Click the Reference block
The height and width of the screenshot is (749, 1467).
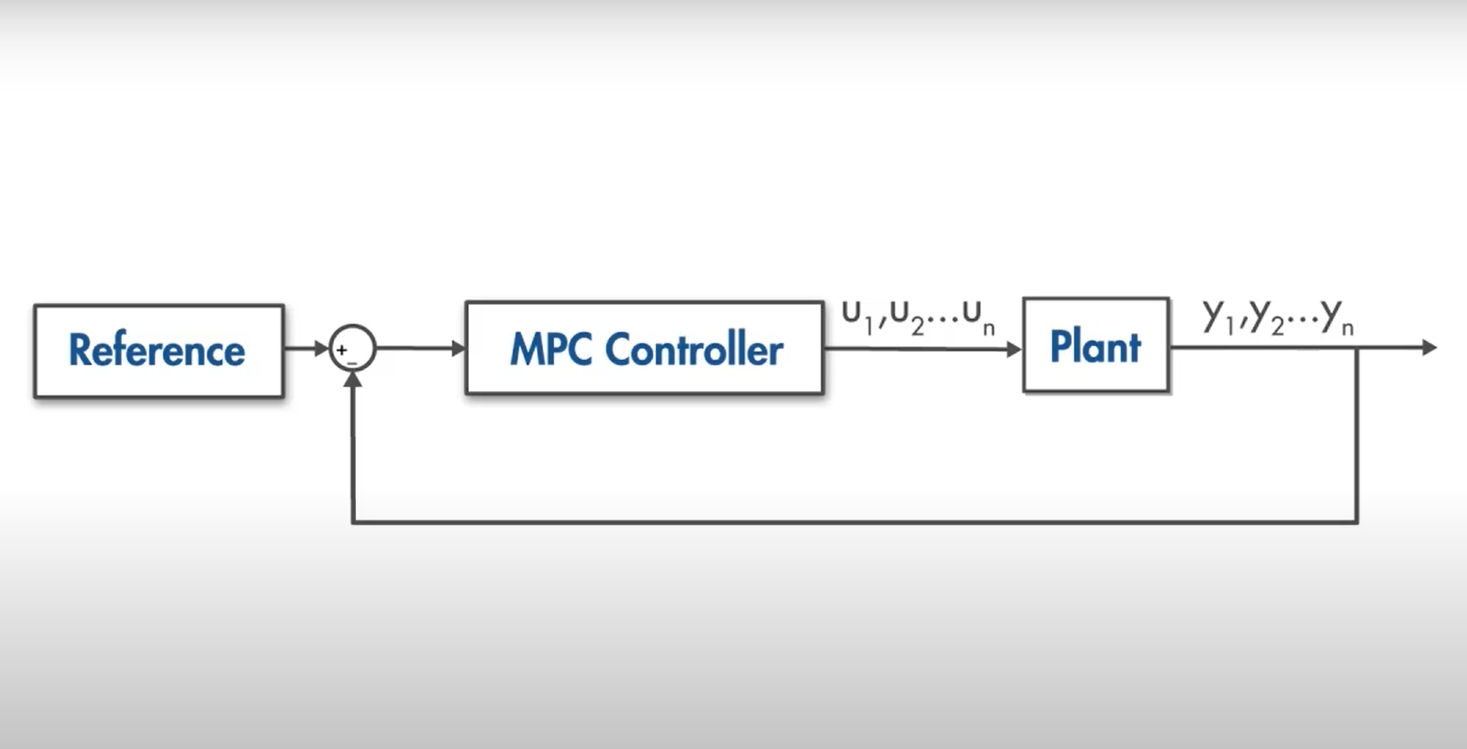pyautogui.click(x=158, y=351)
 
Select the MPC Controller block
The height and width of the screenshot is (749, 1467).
pyautogui.click(x=644, y=349)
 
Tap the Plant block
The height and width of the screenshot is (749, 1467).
pyautogui.click(x=1095, y=346)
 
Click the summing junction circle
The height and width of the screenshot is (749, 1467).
pyautogui.click(x=352, y=348)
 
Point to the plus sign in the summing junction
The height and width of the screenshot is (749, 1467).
pyautogui.click(x=341, y=350)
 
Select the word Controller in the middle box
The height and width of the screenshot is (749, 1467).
pyautogui.click(x=694, y=350)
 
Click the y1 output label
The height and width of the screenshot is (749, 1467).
pyautogui.click(x=1218, y=318)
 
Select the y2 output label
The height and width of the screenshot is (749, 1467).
pyautogui.click(x=1266, y=319)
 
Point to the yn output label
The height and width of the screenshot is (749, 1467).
pyautogui.click(x=1337, y=318)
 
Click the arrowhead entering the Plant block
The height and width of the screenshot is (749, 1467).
pyautogui.click(x=1014, y=349)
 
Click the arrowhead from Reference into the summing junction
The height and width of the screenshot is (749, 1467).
pyautogui.click(x=321, y=348)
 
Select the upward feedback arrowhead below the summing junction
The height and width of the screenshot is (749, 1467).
pyautogui.click(x=352, y=379)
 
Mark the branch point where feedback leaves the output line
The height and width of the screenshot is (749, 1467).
pyautogui.click(x=1356, y=347)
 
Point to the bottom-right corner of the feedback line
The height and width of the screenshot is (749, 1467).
pyautogui.click(x=1356, y=522)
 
